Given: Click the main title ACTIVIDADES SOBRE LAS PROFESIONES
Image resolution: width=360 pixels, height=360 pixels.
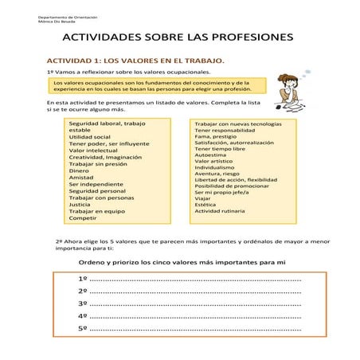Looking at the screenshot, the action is coord(178,37).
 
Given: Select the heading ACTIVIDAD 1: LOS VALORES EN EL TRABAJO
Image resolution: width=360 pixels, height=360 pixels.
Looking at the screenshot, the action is coord(135,61).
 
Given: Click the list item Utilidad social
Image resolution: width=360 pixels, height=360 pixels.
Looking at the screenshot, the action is coord(90,136).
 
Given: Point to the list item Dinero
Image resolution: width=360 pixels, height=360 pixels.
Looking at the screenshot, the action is coord(79,170).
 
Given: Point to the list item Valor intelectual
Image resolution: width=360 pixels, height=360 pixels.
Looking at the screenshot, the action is coord(93,150).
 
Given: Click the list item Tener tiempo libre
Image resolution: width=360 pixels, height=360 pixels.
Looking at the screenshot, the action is coord(220,149).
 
